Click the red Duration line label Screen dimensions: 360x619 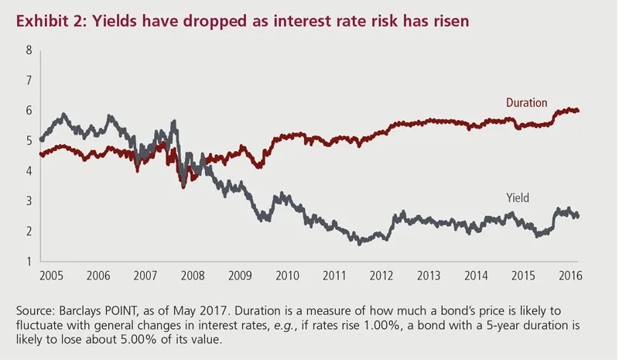pos(526,102)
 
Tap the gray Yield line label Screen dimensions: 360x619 pos(517,198)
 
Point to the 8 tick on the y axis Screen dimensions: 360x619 pos(29,50)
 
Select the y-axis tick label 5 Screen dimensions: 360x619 pos(29,141)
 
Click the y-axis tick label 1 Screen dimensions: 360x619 pos(29,262)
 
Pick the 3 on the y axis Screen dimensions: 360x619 pos(29,201)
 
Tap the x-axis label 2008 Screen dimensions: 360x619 pos(192,276)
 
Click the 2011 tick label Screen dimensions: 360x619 pos(334,276)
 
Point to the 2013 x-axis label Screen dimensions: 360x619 pos(428,276)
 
